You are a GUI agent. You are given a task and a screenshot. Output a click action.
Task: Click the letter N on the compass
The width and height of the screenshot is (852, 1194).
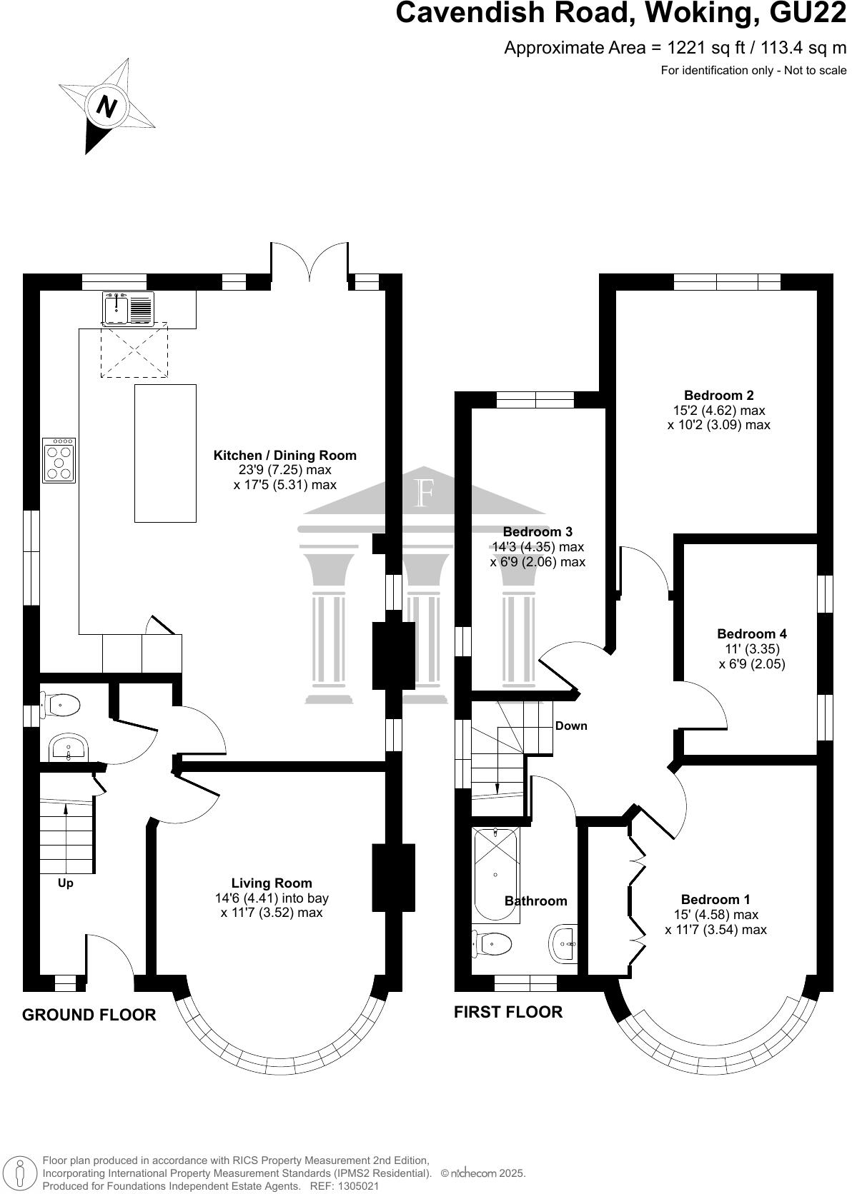click(106, 108)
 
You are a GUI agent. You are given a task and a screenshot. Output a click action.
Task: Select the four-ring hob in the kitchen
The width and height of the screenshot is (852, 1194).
click(59, 461)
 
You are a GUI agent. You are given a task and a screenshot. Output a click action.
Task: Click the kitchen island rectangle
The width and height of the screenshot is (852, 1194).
click(165, 453)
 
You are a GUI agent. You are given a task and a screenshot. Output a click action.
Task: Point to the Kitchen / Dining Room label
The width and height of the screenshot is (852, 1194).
click(284, 455)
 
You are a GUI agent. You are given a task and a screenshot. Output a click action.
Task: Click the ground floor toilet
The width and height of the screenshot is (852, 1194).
click(63, 706)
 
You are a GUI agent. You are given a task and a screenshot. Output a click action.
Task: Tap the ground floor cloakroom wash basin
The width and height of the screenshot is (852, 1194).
click(68, 749)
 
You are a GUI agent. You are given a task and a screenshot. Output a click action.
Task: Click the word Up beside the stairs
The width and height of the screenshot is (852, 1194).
click(66, 883)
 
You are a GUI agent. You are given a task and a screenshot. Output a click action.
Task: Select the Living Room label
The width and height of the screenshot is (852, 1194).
click(272, 883)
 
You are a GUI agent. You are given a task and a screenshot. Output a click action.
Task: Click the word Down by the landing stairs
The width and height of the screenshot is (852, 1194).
click(571, 726)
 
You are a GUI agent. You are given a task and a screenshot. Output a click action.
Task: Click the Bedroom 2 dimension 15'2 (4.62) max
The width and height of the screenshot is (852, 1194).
click(719, 411)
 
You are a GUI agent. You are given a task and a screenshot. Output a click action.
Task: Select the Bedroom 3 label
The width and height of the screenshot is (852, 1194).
click(538, 531)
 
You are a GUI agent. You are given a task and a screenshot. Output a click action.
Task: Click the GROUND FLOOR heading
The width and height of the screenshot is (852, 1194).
click(89, 1015)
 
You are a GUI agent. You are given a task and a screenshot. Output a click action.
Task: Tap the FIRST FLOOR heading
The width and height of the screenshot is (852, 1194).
click(508, 1012)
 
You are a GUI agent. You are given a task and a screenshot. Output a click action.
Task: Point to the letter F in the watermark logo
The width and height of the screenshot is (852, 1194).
click(425, 493)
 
